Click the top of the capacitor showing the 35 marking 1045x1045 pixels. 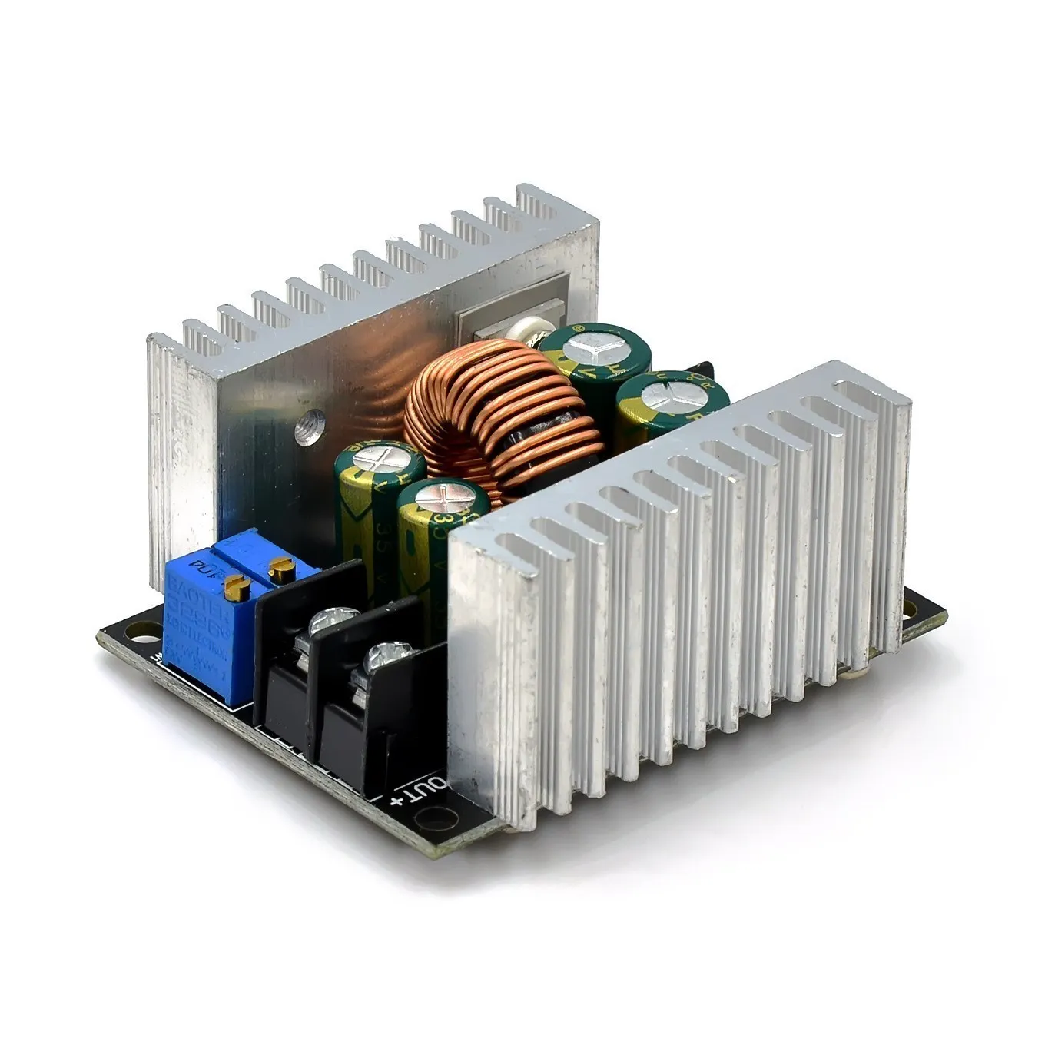pyautogui.click(x=380, y=461)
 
